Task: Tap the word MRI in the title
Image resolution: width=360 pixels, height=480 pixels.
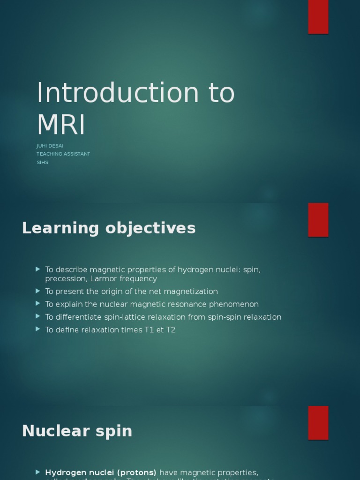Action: coord(61,125)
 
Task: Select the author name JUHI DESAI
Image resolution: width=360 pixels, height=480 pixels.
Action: coord(50,146)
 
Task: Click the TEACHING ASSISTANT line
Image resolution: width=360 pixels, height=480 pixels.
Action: coord(63,154)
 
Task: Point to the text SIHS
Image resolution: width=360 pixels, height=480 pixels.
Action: coord(42,162)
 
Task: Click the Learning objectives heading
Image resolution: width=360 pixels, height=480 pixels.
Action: coord(109,228)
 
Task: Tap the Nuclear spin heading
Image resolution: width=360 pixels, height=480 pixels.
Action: coord(77,431)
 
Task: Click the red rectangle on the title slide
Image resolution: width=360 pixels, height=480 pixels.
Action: coord(318,16)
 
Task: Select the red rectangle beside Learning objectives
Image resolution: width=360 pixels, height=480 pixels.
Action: coord(318,219)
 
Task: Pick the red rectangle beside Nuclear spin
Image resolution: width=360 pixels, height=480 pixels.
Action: coord(318,422)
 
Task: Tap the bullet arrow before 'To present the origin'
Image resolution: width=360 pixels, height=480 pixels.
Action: coord(38,291)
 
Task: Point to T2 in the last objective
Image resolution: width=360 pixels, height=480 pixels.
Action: coord(171,330)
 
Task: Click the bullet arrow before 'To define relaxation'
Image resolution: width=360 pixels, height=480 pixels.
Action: coord(38,330)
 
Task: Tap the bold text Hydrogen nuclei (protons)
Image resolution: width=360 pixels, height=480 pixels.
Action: coord(101,472)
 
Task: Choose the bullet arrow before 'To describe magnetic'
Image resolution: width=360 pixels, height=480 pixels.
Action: coord(38,270)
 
